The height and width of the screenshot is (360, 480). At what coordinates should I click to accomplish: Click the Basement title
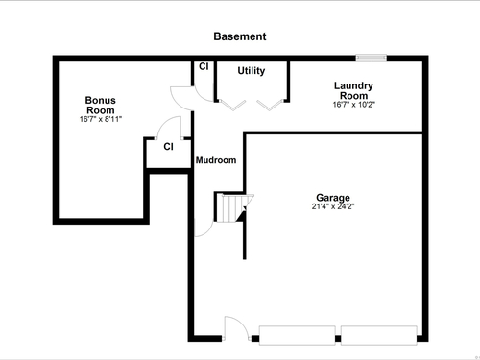(x=240, y=36)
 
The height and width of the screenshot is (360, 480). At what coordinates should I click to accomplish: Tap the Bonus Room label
(x=101, y=106)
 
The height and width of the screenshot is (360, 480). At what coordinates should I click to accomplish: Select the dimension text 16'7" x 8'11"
(x=101, y=119)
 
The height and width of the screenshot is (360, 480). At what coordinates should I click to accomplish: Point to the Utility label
(x=252, y=71)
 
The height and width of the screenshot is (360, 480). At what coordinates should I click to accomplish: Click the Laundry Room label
(x=353, y=90)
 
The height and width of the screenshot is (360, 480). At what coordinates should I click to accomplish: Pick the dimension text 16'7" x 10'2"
(x=353, y=105)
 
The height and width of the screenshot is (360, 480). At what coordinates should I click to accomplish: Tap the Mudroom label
(x=216, y=160)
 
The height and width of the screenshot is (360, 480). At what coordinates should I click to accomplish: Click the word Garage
(x=333, y=198)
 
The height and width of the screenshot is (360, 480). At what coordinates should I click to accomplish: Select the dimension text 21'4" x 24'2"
(x=333, y=206)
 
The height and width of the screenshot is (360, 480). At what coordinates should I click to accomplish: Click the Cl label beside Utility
(x=204, y=66)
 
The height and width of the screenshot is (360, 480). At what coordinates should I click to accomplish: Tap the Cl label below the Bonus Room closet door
(x=168, y=147)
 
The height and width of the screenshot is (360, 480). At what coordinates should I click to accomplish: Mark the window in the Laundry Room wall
(x=372, y=58)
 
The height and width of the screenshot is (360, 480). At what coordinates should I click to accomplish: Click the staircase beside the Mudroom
(x=234, y=208)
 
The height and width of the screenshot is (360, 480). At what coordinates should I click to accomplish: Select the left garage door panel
(x=298, y=335)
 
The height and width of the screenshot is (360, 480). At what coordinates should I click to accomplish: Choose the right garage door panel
(x=379, y=335)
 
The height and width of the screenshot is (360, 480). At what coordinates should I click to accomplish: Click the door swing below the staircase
(x=208, y=232)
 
